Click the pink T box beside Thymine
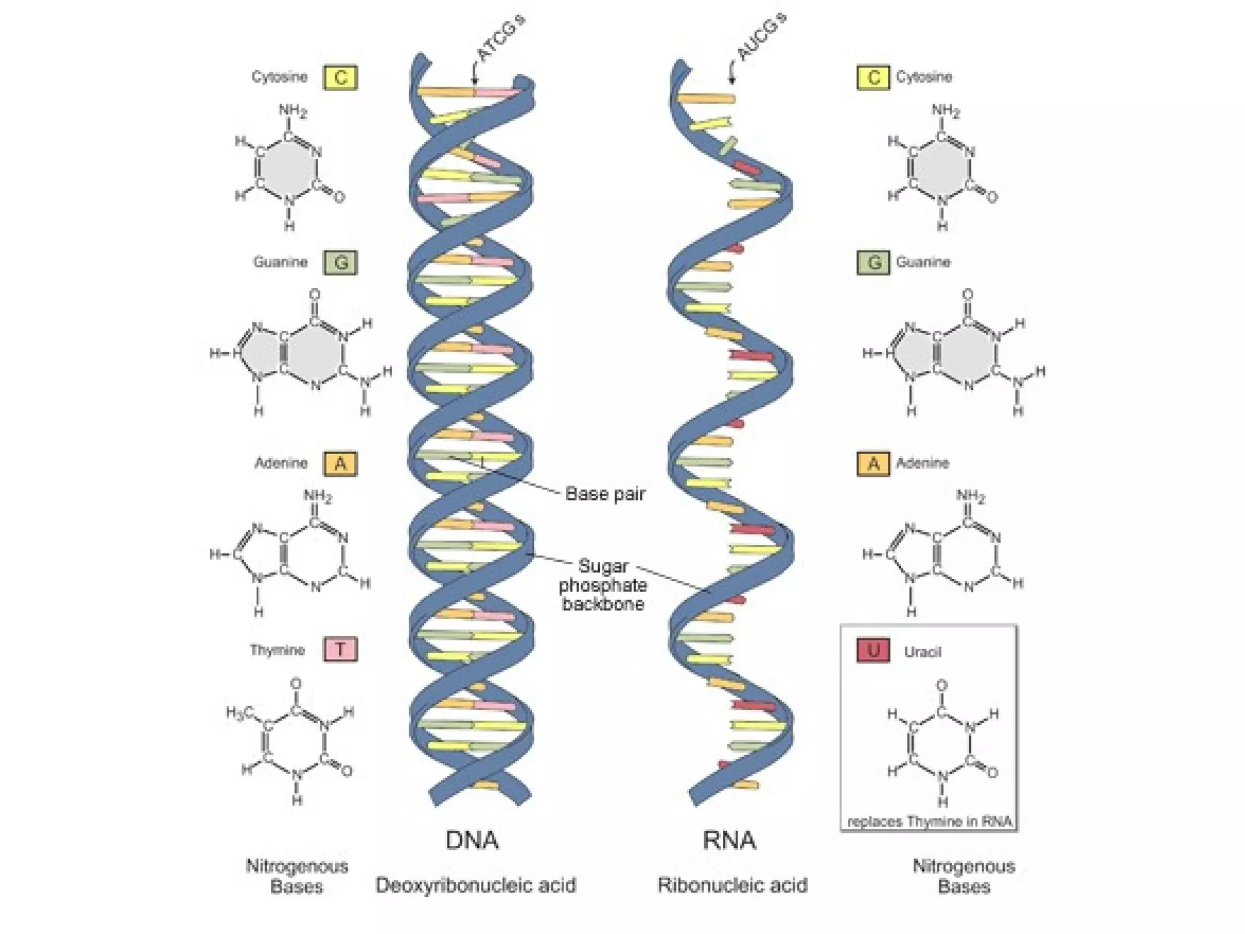pos(340,649)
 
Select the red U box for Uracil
pos(873,650)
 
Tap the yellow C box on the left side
pos(340,78)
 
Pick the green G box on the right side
pos(874,263)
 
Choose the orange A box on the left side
pos(340,464)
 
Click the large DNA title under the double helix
pos(472,840)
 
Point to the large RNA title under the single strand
pos(729,840)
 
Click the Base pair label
pos(605,493)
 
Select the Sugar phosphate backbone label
pos(602,585)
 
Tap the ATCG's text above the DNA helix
pos(501,38)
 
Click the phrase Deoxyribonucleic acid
pos(476,885)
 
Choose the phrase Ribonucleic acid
pos(733,885)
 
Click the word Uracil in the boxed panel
pos(922,652)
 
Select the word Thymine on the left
pos(277,650)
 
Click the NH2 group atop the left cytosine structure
pos(293,111)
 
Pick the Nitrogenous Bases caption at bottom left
pos(297,876)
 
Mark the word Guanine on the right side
pos(923,262)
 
